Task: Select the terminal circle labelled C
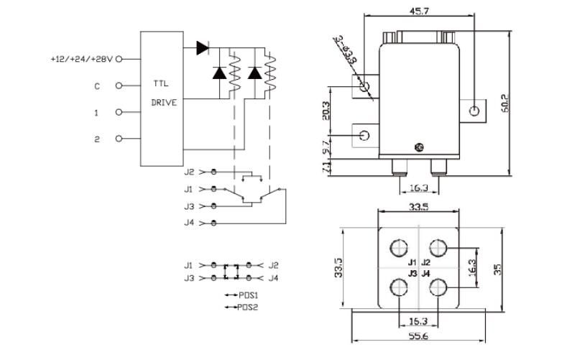point(119,86)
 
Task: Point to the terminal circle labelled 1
point(119,112)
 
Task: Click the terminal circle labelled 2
point(119,139)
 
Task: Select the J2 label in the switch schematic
point(189,172)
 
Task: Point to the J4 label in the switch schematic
point(189,223)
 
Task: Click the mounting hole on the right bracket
point(474,111)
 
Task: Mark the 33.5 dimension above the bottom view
point(418,208)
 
